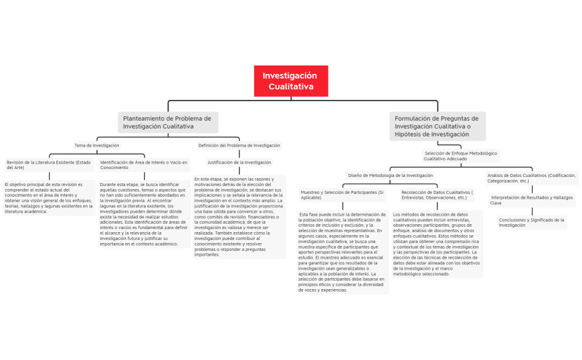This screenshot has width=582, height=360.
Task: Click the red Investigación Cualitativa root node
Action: [290, 81]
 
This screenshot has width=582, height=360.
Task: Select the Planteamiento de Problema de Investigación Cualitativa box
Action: [167, 122]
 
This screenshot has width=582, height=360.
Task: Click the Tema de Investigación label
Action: [96, 145]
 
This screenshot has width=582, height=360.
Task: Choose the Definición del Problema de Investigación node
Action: [239, 145]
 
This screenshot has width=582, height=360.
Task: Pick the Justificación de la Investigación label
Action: [239, 162]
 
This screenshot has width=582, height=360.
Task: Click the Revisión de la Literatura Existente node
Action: [48, 165]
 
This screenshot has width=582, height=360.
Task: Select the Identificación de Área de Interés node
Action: [144, 165]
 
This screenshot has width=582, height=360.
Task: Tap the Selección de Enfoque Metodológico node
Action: [461, 156]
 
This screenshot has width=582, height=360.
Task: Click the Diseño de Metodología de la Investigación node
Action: [390, 175]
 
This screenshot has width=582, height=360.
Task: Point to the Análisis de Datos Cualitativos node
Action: [531, 178]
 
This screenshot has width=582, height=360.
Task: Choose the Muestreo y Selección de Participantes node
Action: [343, 195]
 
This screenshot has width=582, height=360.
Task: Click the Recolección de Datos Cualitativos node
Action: [437, 195]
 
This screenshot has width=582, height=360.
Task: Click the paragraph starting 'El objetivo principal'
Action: [48, 198]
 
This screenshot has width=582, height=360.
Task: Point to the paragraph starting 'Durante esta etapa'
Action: [144, 214]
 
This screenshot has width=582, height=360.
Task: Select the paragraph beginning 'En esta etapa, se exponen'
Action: [239, 217]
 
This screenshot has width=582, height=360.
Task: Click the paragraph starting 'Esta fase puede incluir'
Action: [343, 252]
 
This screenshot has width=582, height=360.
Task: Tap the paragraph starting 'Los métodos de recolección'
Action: [437, 244]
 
